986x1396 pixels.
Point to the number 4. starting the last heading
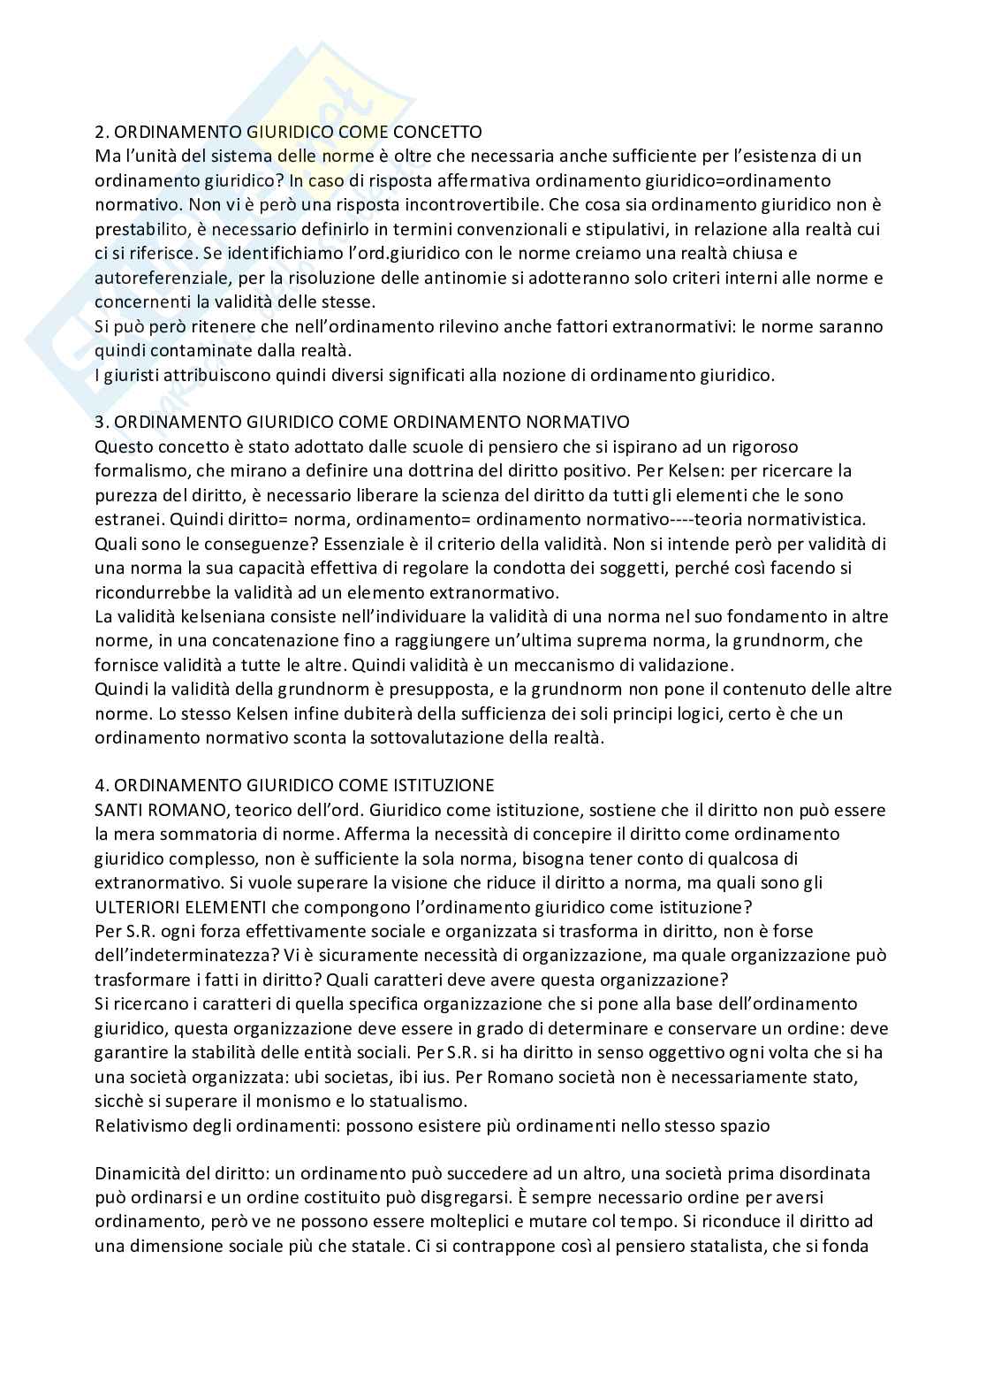102,785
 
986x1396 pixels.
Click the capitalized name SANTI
118,810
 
